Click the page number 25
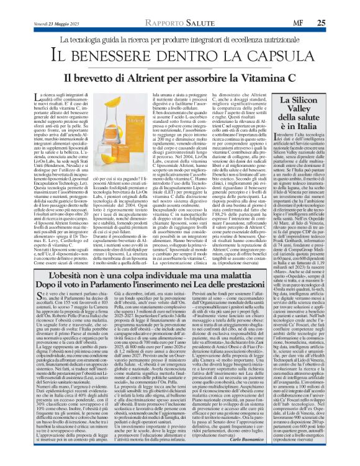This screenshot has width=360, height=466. pos(321,23)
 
